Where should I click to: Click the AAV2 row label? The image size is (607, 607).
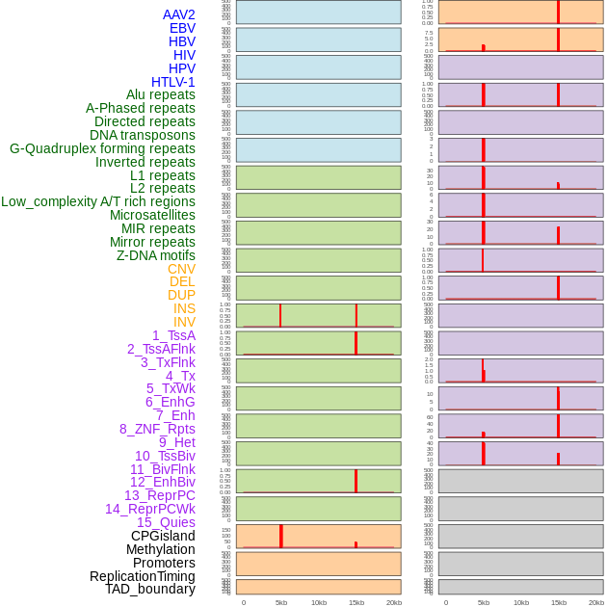click(179, 14)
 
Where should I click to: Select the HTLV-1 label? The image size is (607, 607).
click(173, 82)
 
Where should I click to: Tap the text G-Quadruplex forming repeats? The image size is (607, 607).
click(102, 148)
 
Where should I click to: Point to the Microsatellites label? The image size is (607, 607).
click(152, 215)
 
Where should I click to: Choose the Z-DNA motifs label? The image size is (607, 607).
click(156, 255)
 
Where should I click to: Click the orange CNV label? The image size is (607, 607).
click(181, 269)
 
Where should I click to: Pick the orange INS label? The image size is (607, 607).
click(184, 308)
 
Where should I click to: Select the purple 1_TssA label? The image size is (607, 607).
click(173, 335)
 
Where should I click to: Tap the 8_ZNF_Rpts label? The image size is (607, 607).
click(157, 429)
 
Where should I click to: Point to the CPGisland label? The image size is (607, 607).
click(163, 536)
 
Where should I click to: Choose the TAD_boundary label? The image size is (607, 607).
click(150, 589)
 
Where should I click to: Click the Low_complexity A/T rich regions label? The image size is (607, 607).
click(98, 201)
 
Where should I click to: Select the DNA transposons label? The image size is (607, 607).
click(143, 135)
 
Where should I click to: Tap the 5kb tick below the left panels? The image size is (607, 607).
click(281, 602)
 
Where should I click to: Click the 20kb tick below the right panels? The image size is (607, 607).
click(596, 602)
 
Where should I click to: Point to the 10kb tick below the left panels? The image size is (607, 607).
click(319, 602)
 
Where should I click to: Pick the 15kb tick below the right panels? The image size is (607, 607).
click(558, 602)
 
